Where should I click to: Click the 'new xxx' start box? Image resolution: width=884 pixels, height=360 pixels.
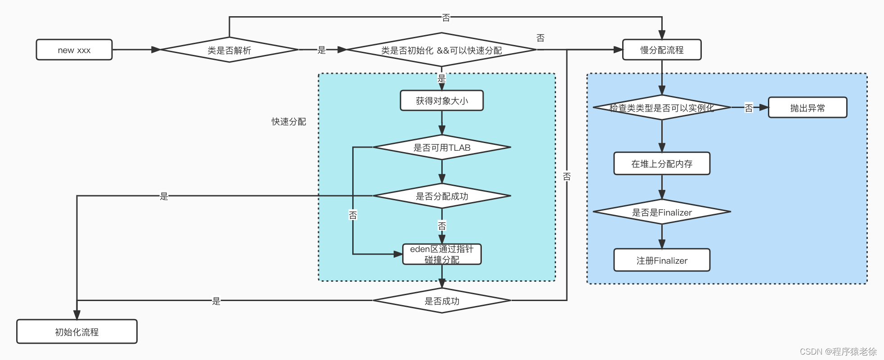(74, 50)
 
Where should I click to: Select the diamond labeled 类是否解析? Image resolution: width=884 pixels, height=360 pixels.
(229, 50)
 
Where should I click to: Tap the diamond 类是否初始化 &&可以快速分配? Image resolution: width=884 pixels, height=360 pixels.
(441, 50)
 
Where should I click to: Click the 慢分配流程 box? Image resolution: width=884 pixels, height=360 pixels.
(662, 50)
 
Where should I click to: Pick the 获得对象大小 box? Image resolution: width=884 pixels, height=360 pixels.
(441, 101)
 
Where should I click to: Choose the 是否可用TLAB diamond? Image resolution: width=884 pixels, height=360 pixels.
(441, 148)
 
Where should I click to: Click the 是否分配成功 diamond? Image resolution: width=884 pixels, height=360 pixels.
(441, 196)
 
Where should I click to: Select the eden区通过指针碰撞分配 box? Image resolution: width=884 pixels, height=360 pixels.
(441, 254)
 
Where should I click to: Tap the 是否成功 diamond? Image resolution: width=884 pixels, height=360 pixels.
(441, 301)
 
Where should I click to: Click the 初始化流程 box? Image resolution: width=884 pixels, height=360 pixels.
(77, 332)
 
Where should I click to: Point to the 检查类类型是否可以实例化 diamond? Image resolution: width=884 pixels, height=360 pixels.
(661, 108)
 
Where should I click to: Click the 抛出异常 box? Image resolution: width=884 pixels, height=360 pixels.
(808, 108)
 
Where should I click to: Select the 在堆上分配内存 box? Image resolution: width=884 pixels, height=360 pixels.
(662, 163)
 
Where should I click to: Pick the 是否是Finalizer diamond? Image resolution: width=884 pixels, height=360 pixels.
(662, 212)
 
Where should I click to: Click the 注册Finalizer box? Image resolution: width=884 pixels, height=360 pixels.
(662, 260)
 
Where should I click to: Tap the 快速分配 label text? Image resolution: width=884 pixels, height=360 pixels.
(288, 121)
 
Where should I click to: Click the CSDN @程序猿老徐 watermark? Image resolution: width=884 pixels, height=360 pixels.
(838, 351)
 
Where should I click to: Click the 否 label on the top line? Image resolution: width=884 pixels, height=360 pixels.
(446, 18)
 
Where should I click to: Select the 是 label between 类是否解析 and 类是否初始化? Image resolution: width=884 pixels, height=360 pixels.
(321, 50)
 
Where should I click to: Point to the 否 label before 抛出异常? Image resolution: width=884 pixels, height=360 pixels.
(749, 108)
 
